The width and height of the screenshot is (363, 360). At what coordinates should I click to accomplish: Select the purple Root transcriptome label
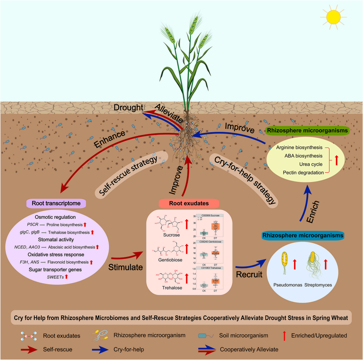[x=57, y=203]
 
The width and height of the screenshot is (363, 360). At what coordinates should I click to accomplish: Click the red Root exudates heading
[x=183, y=203]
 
